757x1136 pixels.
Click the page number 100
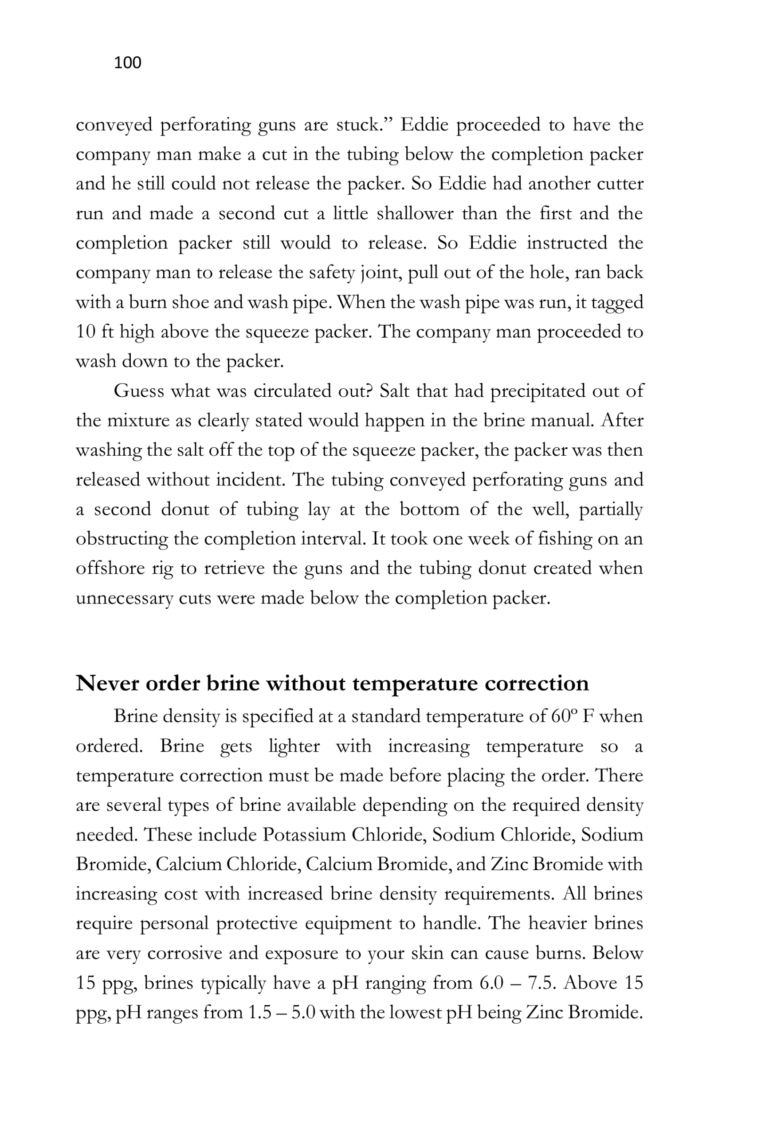point(127,63)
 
